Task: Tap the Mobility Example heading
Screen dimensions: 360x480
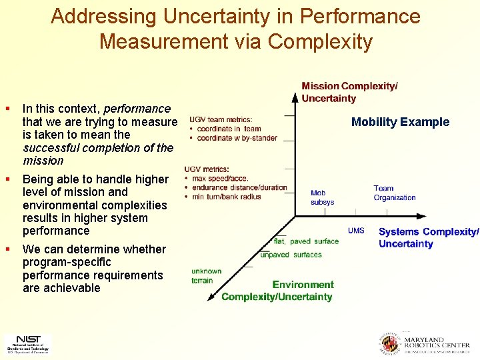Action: [400, 122]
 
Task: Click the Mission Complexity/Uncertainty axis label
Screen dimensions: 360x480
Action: [349, 92]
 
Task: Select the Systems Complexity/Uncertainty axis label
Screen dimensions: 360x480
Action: [428, 237]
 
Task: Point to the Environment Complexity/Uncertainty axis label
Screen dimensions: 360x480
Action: [277, 291]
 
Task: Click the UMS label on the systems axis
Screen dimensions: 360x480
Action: [356, 231]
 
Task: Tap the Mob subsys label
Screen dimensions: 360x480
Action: [322, 197]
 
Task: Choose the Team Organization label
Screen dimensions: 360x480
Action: [394, 193]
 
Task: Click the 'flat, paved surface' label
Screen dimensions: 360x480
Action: [306, 241]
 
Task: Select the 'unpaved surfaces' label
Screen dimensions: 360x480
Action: [291, 255]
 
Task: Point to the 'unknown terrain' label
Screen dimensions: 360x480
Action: [206, 275]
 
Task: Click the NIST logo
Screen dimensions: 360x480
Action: [27, 343]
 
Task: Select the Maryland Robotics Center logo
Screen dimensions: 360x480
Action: [425, 343]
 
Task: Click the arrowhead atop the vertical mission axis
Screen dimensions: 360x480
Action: [295, 95]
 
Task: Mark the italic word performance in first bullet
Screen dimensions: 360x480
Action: [137, 108]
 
